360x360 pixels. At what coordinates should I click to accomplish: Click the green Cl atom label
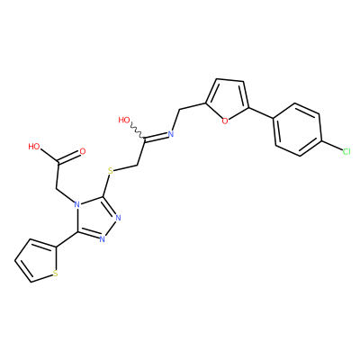coord(346,151)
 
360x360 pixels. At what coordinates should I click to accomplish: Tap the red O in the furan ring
coord(225,121)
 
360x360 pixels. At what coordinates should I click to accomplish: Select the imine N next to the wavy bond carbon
coord(171,134)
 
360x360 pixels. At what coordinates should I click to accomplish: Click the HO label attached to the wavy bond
coord(124,120)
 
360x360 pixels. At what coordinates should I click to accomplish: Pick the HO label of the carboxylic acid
coord(34,147)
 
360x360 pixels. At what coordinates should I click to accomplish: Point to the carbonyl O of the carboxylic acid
coord(82,151)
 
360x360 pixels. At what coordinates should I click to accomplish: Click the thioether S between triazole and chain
coord(111,171)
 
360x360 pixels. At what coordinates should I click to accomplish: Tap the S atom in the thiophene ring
coord(55,274)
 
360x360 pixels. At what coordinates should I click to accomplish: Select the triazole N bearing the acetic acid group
coord(77,205)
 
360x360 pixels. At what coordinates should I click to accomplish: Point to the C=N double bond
coord(156,137)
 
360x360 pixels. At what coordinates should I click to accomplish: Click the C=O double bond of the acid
coord(69,157)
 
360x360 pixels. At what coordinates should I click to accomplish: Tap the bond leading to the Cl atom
coord(332,145)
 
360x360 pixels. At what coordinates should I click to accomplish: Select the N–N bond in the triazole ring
coord(111,229)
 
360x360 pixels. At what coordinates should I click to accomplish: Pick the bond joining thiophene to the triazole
coord(67,240)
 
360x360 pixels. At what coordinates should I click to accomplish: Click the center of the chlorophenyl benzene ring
coord(298,130)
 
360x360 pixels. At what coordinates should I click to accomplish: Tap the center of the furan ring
coord(228,100)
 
